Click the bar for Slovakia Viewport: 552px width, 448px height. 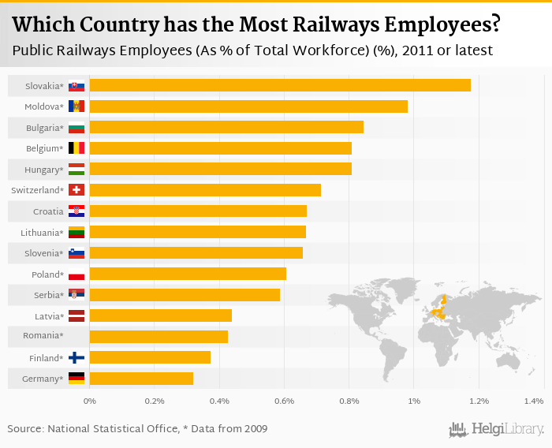(280, 85)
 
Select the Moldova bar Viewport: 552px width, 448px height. (248, 106)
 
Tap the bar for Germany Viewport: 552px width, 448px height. (141, 379)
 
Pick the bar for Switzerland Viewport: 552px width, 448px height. (205, 190)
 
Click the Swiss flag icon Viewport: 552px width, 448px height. (76, 190)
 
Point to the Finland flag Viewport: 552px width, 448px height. (76, 358)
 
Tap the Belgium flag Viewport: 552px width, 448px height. (76, 148)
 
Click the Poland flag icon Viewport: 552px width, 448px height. (76, 274)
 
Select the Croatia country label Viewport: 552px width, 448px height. (48, 211)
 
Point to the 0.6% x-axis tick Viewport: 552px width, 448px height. (284, 402)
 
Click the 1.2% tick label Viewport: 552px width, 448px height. (479, 402)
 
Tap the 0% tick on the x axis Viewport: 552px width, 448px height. (90, 402)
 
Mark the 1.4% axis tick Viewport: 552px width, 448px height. (534, 402)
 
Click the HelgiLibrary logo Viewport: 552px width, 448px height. (496, 429)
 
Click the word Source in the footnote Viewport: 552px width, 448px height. (25, 429)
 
